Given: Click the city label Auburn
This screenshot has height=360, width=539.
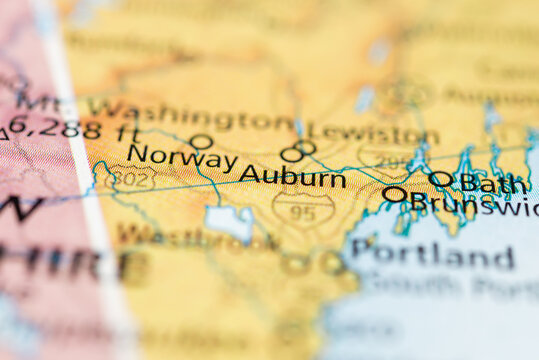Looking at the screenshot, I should (292, 177).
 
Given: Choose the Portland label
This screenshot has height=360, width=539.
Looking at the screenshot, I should (434, 254).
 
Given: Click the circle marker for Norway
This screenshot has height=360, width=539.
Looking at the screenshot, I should (201, 142).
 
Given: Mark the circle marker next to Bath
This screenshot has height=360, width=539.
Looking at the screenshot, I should (440, 180).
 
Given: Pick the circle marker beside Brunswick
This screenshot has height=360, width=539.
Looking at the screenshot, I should (395, 194).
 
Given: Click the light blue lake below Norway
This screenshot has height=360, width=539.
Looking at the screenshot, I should (229, 222).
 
